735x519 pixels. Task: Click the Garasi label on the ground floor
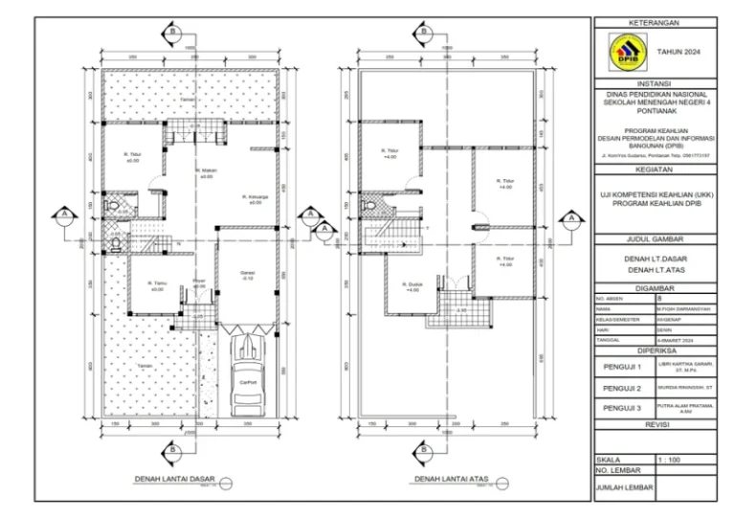(x=247, y=274)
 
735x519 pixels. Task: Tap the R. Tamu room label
(x=157, y=284)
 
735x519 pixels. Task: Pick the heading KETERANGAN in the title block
(x=656, y=21)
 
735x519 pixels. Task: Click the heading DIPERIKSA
(x=656, y=350)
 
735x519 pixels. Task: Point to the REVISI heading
(x=656, y=424)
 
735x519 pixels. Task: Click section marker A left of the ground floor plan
(x=64, y=213)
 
